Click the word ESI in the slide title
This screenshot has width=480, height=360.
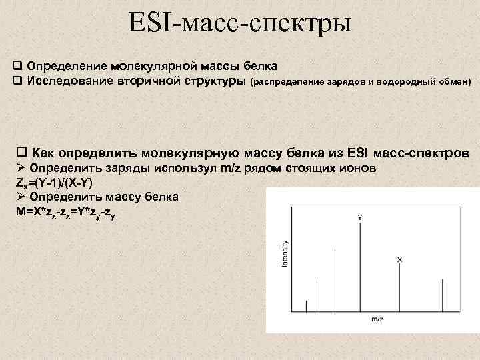click(151, 25)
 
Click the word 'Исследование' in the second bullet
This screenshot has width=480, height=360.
click(62, 81)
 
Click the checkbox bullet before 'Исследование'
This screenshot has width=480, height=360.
click(18, 81)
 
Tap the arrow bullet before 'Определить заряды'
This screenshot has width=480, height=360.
click(21, 168)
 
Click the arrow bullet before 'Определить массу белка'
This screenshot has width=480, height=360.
click(21, 197)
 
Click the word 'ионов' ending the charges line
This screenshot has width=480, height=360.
click(359, 168)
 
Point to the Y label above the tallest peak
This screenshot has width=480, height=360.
click(360, 217)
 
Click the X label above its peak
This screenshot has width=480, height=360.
click(399, 259)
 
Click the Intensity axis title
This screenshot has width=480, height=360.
click(285, 254)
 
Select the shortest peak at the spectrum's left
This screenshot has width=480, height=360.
click(306, 305)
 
